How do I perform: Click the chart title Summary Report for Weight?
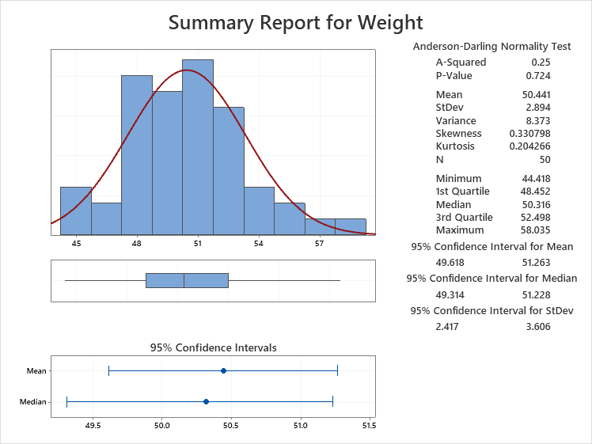point(296,22)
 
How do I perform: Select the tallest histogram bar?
point(197,147)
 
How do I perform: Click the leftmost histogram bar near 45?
point(75,211)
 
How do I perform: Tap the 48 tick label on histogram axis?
point(137,244)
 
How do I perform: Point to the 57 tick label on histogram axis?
point(320,244)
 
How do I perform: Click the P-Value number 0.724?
point(537,75)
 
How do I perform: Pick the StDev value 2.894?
point(537,108)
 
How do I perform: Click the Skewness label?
point(458,134)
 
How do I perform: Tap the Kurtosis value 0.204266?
point(529,146)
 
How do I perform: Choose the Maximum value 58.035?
point(533,230)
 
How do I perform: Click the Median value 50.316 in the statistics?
point(533,204)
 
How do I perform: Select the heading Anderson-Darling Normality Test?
point(491,47)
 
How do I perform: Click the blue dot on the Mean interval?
point(223,370)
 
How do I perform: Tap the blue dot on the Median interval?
point(206,401)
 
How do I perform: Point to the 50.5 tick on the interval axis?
point(230,425)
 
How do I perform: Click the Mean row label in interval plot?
point(36,370)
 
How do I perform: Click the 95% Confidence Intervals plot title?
point(213,347)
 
